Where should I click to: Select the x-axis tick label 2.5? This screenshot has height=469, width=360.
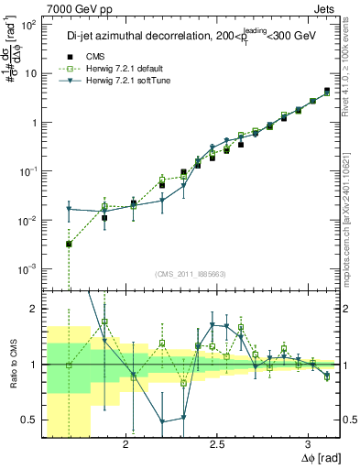[217, 444]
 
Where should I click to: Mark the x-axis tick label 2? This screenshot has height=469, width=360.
[124, 444]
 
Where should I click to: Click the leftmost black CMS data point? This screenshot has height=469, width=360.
[69, 245]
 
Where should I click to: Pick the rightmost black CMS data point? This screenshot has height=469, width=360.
[327, 91]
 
